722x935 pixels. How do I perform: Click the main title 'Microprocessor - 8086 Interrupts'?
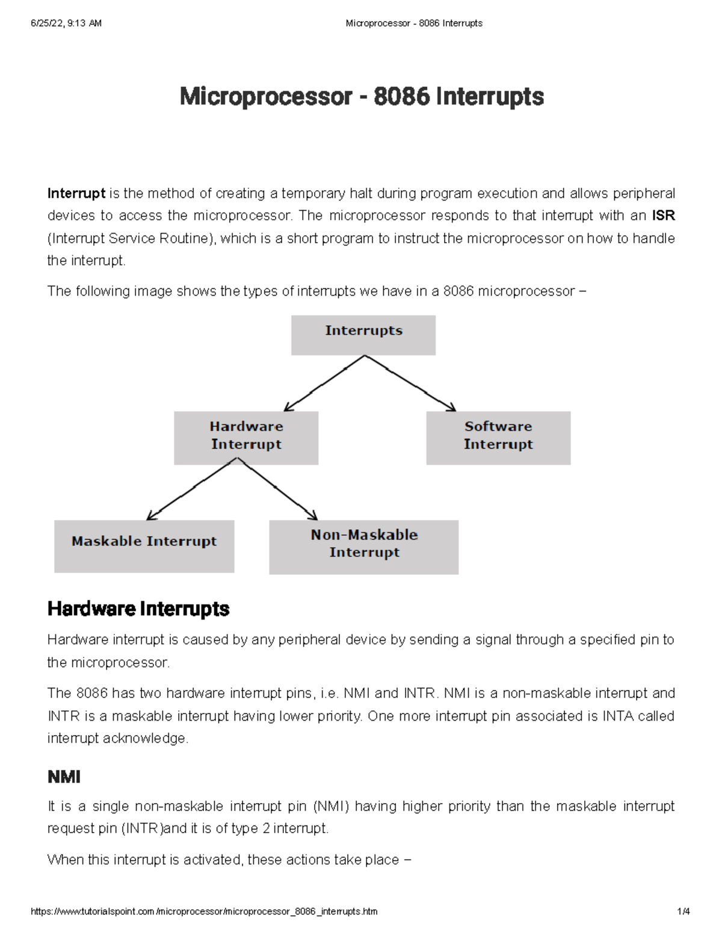tap(362, 97)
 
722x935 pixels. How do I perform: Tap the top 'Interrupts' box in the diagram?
tap(363, 335)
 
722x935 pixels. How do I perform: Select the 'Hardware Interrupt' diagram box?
tap(246, 437)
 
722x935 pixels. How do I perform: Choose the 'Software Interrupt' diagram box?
tap(498, 437)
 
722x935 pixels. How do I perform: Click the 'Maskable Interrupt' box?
tap(144, 546)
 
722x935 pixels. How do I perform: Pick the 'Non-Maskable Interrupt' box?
tap(363, 547)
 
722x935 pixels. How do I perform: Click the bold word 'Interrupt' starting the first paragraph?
tap(76, 194)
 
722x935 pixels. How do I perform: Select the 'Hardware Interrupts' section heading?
tap(138, 609)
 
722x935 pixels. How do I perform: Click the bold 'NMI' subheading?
tap(64, 777)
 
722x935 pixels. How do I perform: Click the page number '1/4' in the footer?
tap(683, 912)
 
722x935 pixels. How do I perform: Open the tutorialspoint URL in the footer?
tap(204, 912)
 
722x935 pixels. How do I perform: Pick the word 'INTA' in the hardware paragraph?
tap(618, 716)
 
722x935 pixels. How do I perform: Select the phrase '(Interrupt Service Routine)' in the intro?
tap(131, 239)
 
